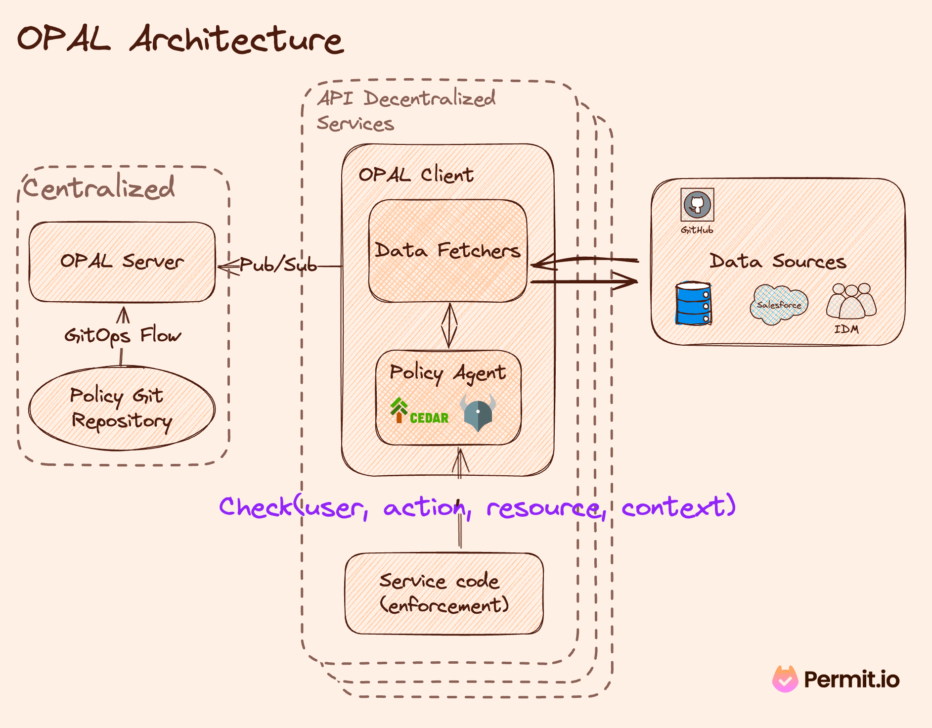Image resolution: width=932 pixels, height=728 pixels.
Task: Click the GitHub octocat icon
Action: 697,204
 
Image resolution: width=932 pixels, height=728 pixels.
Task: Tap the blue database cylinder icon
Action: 693,303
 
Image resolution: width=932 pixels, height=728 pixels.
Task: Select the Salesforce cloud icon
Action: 779,305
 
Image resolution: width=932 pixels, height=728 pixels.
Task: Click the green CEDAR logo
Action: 419,411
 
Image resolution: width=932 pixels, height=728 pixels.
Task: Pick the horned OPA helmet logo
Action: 478,412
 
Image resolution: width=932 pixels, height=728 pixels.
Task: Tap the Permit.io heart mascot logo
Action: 785,679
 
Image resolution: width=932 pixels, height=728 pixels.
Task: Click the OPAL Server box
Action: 122,262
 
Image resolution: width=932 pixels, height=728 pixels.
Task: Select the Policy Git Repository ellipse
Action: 122,409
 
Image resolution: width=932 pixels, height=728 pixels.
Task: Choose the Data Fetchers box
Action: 447,250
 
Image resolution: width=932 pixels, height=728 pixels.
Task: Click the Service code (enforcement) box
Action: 444,593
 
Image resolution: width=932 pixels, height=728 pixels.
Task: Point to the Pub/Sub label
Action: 278,265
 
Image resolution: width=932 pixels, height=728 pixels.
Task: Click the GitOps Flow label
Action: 123,336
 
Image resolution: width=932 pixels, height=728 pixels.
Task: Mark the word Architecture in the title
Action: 236,40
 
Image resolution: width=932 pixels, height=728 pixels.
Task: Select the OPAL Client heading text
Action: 416,175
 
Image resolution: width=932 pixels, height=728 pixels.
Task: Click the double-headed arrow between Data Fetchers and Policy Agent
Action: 449,325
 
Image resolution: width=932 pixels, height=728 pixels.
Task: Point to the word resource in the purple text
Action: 544,508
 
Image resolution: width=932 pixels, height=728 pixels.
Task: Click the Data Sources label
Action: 778,261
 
